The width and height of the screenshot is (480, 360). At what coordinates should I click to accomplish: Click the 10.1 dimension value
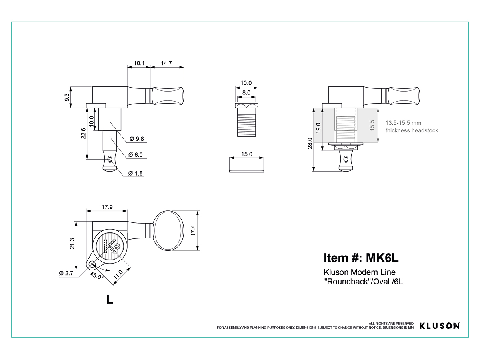[139, 63]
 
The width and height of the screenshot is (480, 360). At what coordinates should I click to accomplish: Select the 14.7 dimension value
[166, 63]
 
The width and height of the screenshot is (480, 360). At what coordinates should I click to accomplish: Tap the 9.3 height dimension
[67, 97]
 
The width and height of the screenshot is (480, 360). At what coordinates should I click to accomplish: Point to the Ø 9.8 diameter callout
[137, 139]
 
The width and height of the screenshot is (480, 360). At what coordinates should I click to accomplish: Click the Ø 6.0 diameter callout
[136, 155]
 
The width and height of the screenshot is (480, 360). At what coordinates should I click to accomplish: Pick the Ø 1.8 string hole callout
[136, 173]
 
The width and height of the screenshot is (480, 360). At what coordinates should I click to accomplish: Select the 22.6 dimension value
[83, 133]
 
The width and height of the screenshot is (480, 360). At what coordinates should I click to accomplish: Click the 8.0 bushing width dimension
[246, 92]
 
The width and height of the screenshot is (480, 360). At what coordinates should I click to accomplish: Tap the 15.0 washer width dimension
[247, 154]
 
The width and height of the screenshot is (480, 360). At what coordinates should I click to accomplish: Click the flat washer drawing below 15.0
[246, 171]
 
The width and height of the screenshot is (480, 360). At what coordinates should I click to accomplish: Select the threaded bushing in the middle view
[246, 120]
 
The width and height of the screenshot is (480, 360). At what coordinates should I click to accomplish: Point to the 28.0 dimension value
[310, 143]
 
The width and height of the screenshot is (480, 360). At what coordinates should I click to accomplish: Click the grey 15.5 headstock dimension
[372, 125]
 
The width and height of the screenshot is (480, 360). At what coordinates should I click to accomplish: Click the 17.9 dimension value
[107, 207]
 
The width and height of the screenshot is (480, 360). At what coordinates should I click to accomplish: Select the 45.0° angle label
[96, 276]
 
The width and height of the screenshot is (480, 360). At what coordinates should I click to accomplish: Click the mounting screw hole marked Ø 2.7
[92, 264]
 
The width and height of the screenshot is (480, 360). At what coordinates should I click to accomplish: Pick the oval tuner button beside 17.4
[168, 231]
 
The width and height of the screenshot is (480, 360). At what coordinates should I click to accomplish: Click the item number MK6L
[382, 258]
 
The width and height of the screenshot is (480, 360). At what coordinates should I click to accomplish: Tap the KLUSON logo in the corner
[440, 326]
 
